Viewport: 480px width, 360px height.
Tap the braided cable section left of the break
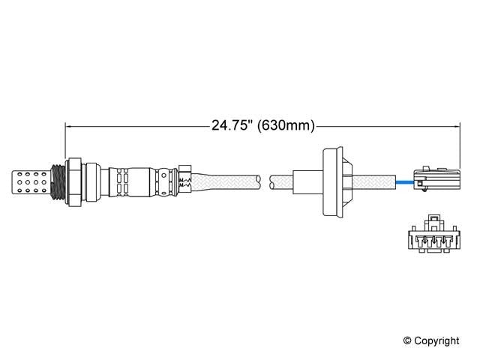tap(225, 181)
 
